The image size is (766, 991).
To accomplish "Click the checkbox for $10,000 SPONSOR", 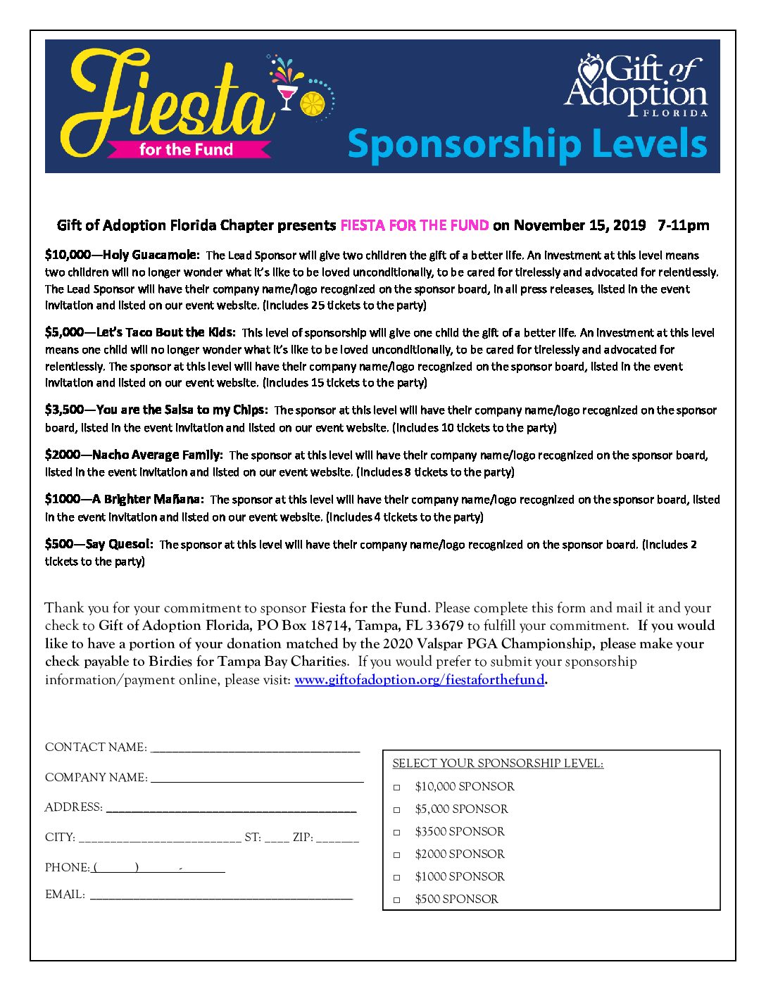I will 397,788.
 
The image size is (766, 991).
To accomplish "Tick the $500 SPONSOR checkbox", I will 397,900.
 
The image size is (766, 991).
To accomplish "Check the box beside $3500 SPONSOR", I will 397,833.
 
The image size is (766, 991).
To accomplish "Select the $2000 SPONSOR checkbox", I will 397,855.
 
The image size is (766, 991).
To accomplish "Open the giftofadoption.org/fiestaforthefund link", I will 419,680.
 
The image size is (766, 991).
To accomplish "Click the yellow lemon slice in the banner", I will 312,103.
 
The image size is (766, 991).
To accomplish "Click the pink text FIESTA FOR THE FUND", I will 414,225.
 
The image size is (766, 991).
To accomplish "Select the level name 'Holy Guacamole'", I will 151,255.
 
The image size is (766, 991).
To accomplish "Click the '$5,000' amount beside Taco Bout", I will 63,332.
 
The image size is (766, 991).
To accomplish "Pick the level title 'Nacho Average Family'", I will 157,455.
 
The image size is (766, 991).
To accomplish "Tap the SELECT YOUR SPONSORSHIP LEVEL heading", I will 498,764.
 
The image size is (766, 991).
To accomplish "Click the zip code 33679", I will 444,626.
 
